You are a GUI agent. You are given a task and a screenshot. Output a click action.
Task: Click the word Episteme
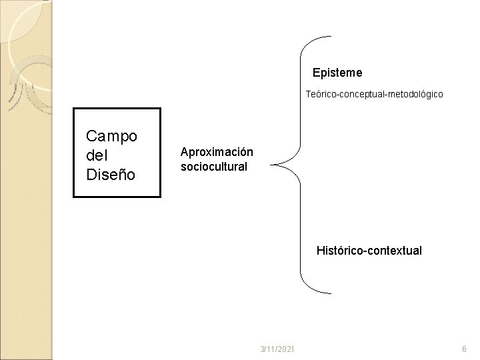point(337,71)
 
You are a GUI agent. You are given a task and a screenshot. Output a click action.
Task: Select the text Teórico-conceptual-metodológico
point(374,95)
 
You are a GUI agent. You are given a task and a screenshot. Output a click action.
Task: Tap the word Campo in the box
point(112,136)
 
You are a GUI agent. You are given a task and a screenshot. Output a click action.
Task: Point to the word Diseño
point(111,175)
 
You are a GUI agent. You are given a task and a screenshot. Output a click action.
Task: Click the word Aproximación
point(217,152)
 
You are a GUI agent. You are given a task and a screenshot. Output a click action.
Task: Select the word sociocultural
point(214,166)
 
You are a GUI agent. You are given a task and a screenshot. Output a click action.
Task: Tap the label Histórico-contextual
point(369,251)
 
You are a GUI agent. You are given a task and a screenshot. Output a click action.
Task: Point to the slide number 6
point(465,349)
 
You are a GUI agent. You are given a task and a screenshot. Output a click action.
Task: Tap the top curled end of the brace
point(329,36)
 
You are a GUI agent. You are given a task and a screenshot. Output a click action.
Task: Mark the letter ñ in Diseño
point(124,175)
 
